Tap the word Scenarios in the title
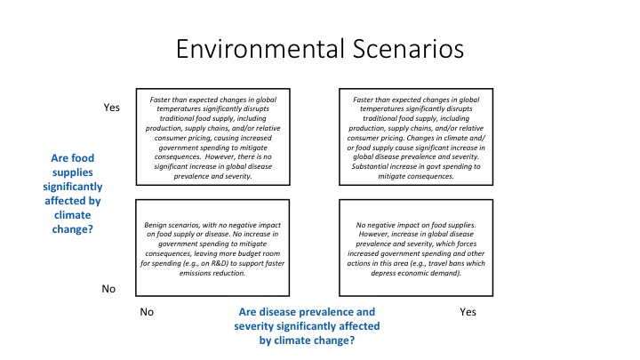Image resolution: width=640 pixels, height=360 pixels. coord(408,49)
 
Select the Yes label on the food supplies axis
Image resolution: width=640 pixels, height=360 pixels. coord(111,108)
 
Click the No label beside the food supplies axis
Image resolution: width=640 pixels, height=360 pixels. coord(108,289)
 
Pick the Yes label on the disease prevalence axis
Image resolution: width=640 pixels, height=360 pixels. coord(468,312)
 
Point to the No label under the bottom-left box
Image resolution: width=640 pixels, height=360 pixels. coord(147,312)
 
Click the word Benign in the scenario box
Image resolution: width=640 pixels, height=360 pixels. coord(155,225)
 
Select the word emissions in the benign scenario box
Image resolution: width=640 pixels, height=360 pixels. coord(196,273)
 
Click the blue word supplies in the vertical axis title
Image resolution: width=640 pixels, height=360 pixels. coord(73,172)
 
